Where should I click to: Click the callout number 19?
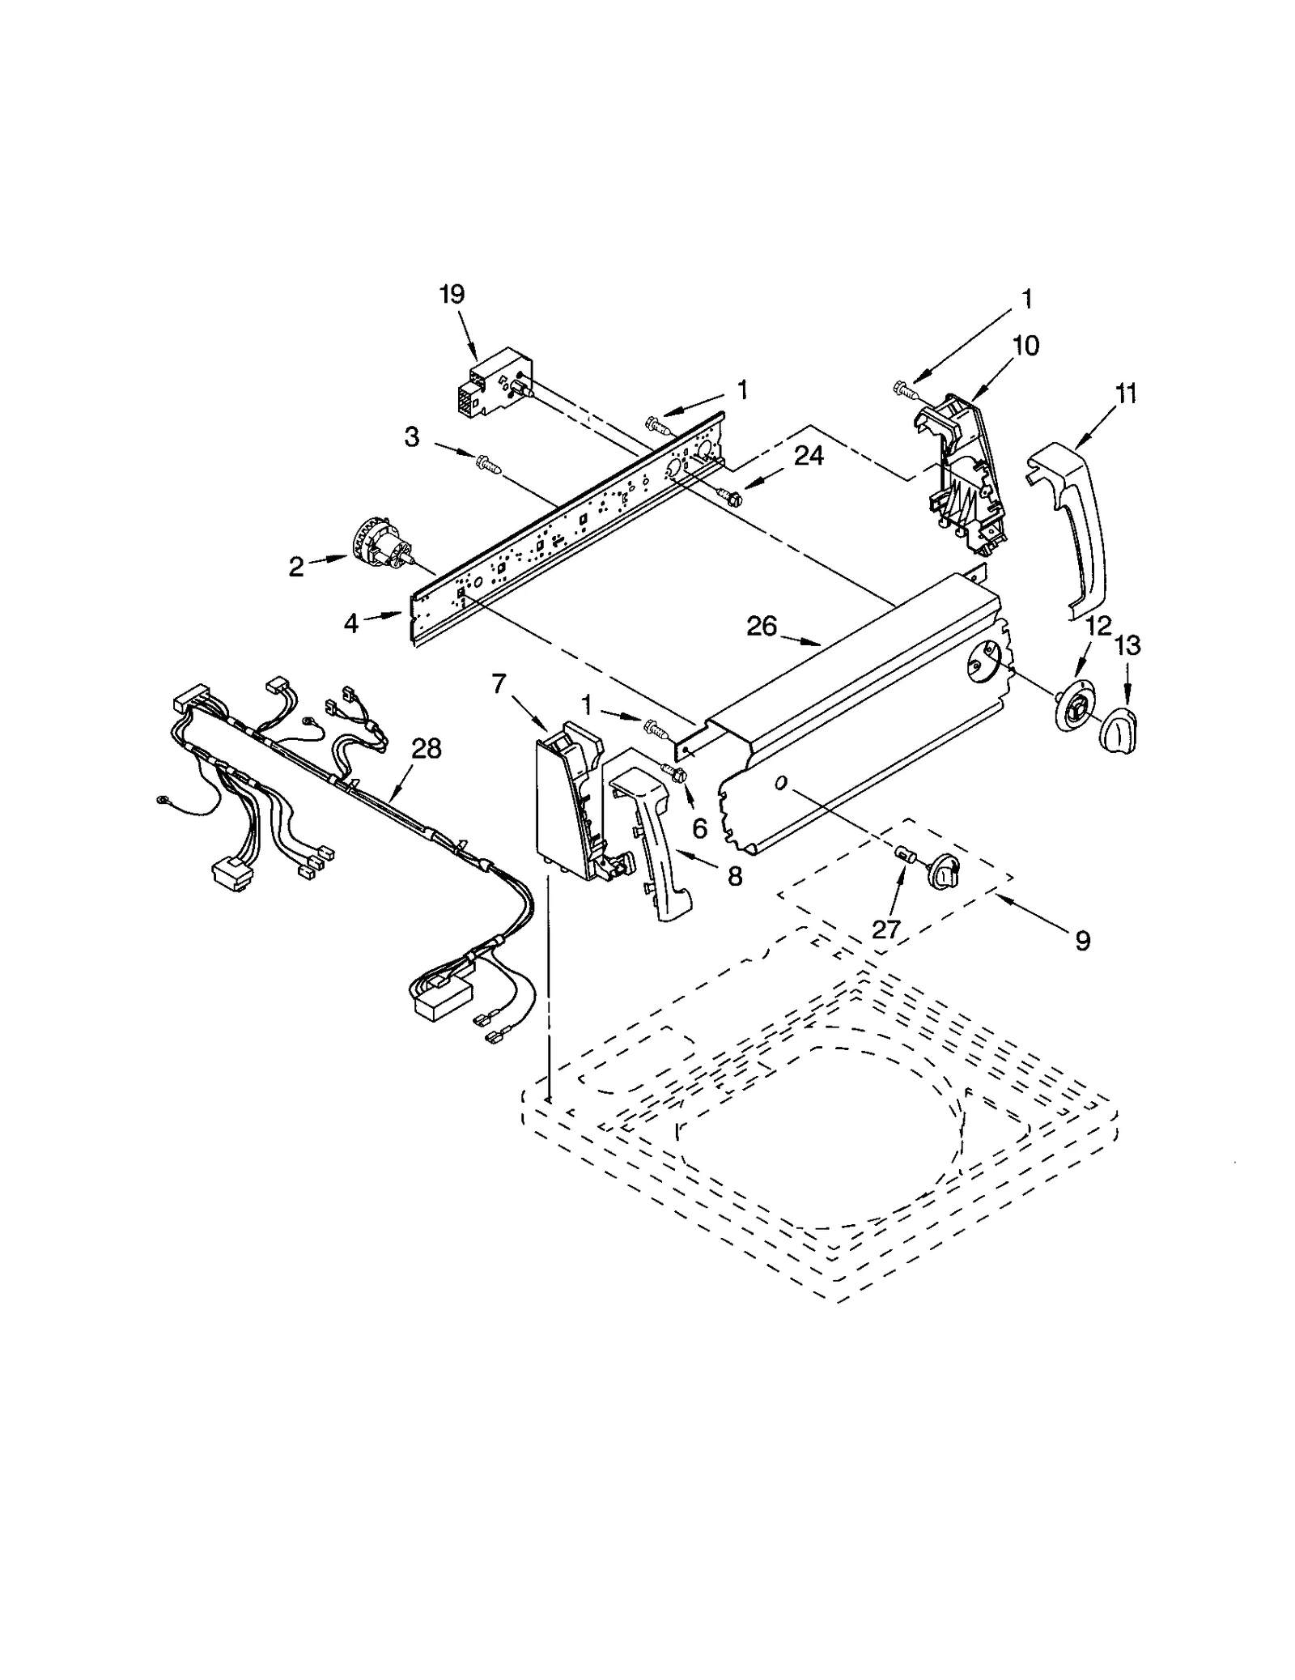coord(452,295)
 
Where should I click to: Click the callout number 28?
coord(427,749)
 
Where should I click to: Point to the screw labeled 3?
coord(487,463)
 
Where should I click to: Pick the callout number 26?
coord(761,626)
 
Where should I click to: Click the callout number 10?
coord(1025,347)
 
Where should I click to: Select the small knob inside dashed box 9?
coord(944,870)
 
